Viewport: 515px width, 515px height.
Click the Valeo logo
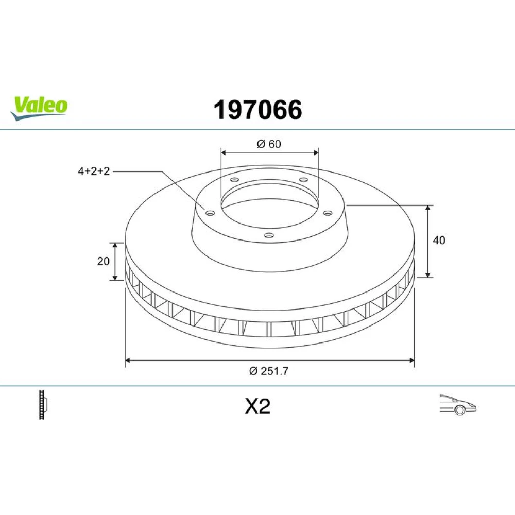pyautogui.click(x=39, y=108)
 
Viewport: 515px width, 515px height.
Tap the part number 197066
pyautogui.click(x=258, y=110)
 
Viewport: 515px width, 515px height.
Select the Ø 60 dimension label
pyautogui.click(x=269, y=144)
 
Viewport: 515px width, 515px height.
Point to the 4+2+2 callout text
pyautogui.click(x=94, y=171)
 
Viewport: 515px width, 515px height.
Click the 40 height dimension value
pyautogui.click(x=439, y=241)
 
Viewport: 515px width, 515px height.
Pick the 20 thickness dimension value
pyautogui.click(x=103, y=261)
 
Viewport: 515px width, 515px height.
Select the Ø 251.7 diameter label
pyautogui.click(x=269, y=371)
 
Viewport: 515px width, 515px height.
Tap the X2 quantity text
pyautogui.click(x=257, y=406)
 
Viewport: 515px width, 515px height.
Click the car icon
pyautogui.click(x=458, y=405)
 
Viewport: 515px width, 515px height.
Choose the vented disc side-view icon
pyautogui.click(x=43, y=404)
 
